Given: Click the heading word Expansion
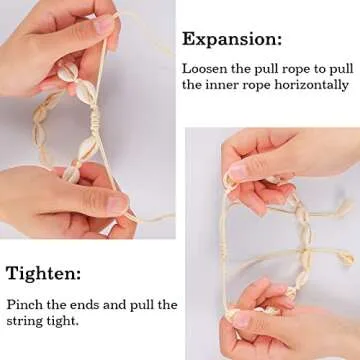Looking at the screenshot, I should click(231, 41).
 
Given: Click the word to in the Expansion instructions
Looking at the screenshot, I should click(312, 70).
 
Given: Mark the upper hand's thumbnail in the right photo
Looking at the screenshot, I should click(238, 170).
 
